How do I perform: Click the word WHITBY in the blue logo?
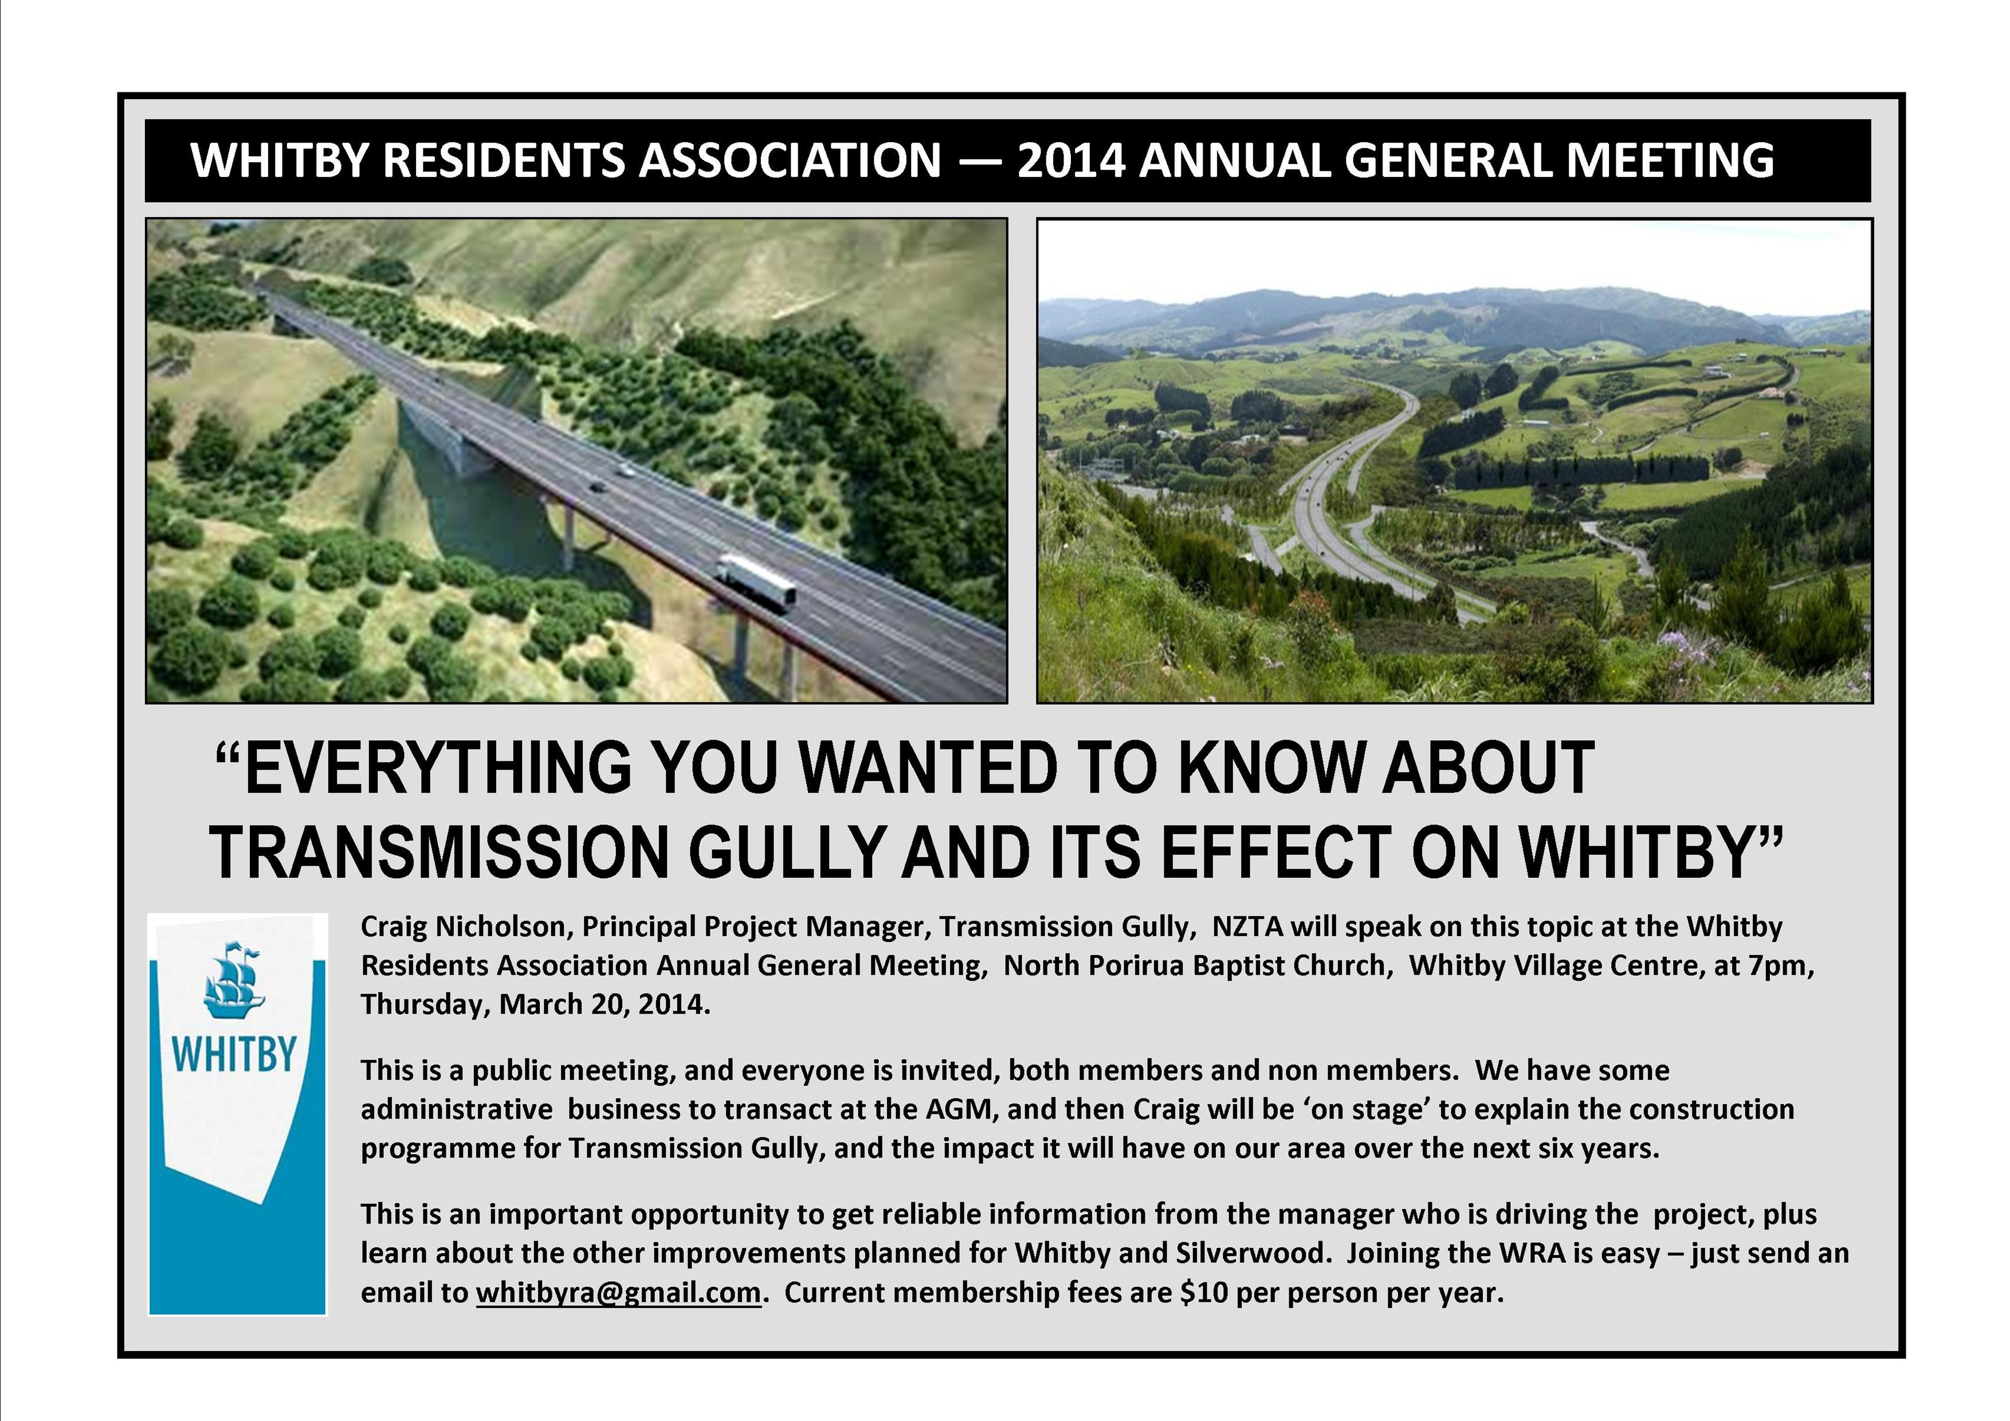(x=234, y=1054)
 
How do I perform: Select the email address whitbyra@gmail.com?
(x=618, y=1292)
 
